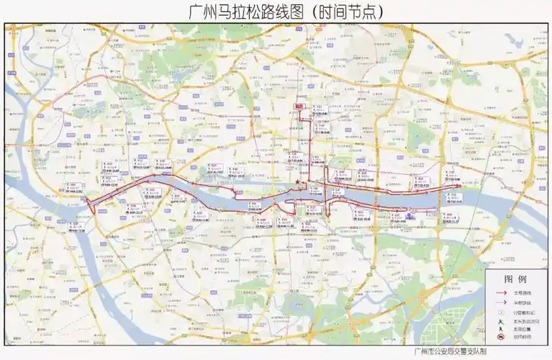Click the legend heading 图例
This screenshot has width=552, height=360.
(x=515, y=278)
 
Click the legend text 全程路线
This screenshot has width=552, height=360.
(x=522, y=293)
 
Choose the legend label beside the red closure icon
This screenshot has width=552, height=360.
(x=522, y=337)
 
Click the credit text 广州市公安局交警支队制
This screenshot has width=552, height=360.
(x=451, y=352)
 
